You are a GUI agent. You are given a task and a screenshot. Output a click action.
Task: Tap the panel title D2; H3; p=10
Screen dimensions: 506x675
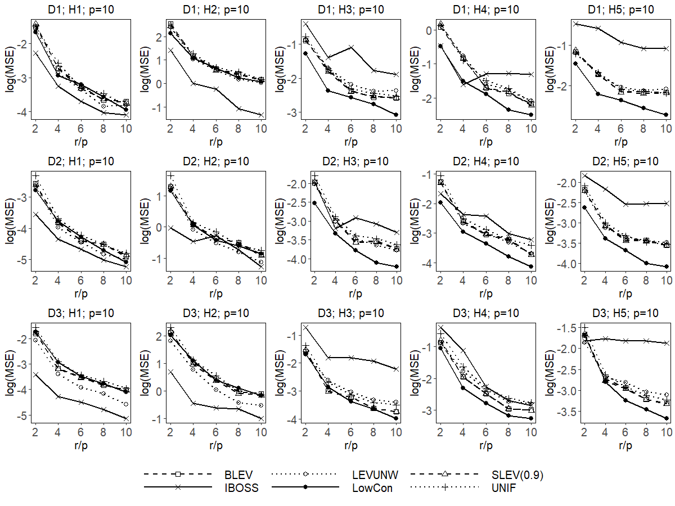pyautogui.click(x=350, y=161)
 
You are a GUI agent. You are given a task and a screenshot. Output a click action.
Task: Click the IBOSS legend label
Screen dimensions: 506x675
pyautogui.click(x=238, y=487)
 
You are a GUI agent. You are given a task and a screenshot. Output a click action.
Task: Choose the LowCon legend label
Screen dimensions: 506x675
pyautogui.click(x=372, y=487)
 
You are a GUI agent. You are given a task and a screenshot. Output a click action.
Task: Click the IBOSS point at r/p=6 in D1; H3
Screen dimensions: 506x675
pyautogui.click(x=350, y=47)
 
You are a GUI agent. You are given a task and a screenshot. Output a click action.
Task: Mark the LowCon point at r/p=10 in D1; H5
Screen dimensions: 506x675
pyautogui.click(x=666, y=115)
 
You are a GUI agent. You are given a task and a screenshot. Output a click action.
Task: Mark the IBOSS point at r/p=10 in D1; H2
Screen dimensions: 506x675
pyautogui.click(x=261, y=115)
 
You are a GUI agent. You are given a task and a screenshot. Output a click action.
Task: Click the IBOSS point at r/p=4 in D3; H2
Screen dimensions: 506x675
pyautogui.click(x=193, y=403)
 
